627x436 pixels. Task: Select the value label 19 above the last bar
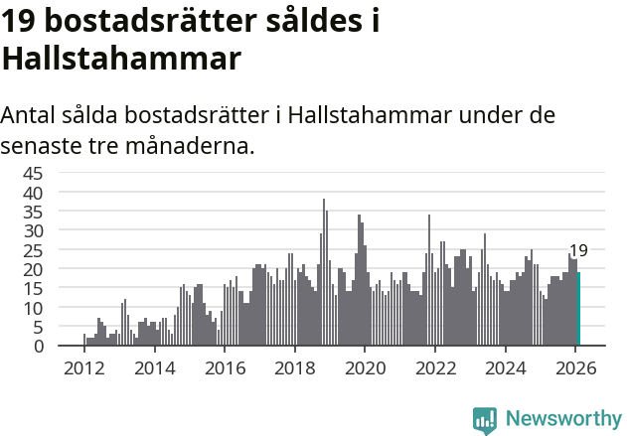click(578, 251)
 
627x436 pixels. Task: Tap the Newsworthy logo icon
click(485, 420)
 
